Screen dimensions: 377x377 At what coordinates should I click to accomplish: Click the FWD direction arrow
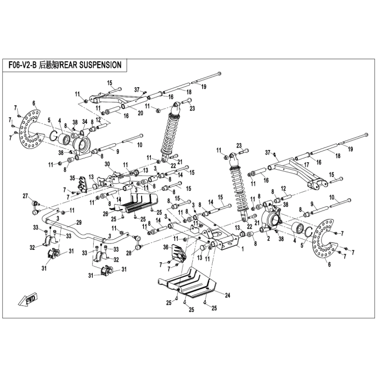(27, 299)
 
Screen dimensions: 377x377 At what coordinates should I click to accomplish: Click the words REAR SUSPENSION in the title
(90, 65)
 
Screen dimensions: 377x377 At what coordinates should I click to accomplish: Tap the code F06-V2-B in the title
(22, 65)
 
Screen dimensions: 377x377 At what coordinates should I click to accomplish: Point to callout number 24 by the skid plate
(227, 295)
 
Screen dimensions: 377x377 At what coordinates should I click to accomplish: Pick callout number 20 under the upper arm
(140, 113)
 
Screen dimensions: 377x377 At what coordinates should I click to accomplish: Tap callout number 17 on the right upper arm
(306, 165)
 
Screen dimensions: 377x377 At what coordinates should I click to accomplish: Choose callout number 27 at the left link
(25, 196)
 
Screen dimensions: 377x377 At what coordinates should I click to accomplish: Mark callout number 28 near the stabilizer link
(129, 253)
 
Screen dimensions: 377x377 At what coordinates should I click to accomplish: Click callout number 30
(107, 164)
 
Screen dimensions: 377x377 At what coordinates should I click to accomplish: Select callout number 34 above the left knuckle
(85, 122)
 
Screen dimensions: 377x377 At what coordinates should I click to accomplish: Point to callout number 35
(73, 178)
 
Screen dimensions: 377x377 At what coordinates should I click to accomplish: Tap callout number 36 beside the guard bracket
(166, 247)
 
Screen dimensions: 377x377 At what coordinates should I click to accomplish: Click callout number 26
(106, 213)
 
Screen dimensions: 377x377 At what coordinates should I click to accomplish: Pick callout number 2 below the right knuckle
(268, 239)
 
